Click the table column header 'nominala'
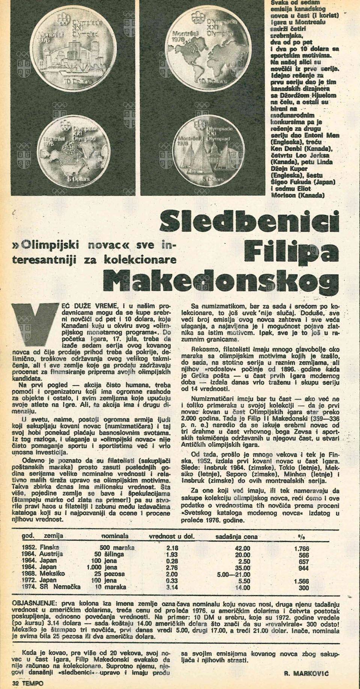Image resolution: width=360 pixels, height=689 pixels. (115, 536)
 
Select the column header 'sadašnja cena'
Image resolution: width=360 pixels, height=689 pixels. (236, 537)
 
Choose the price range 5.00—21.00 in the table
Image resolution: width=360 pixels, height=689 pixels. (233, 574)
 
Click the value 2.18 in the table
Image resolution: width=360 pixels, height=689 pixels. (172, 548)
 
